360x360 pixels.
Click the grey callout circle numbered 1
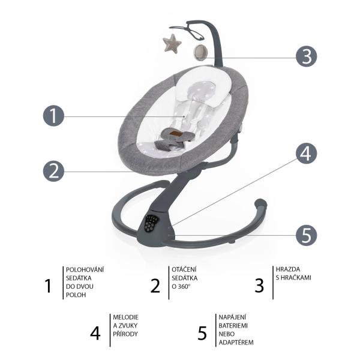point(53,116)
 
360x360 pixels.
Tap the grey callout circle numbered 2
point(53,171)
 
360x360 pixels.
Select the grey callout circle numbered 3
point(306,56)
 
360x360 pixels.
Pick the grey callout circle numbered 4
point(306,154)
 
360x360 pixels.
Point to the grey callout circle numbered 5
point(306,235)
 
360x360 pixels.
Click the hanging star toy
point(172,43)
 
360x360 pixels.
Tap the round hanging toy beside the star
point(201,53)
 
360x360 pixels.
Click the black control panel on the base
point(151,223)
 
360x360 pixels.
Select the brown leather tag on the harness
point(176,133)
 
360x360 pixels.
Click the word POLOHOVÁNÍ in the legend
point(85,269)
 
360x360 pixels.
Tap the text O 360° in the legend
point(181,286)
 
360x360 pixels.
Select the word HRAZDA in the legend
point(288,269)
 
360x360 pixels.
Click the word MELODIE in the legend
point(125,317)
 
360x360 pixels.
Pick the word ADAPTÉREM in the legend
point(236,343)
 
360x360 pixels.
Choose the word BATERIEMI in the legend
point(233,326)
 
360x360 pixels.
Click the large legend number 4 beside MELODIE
point(95,333)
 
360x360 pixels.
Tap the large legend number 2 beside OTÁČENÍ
point(155,286)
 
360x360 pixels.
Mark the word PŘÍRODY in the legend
point(125,334)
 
